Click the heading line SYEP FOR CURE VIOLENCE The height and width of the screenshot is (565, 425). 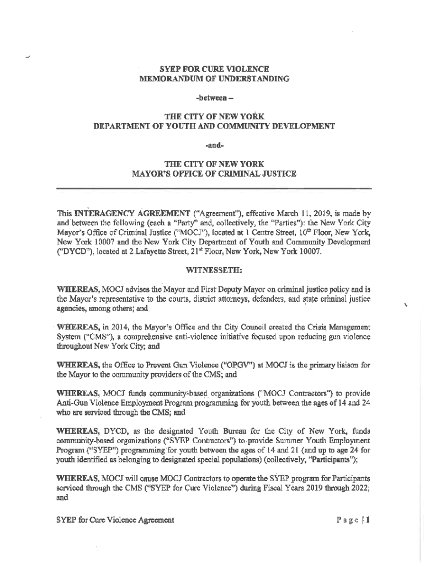pyautogui.click(x=214, y=69)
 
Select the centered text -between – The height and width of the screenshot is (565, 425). pyautogui.click(x=214, y=98)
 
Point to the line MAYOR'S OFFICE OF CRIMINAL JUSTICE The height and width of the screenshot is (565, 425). pyautogui.click(x=214, y=174)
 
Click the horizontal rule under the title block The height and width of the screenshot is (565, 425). pyautogui.click(x=214, y=189)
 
